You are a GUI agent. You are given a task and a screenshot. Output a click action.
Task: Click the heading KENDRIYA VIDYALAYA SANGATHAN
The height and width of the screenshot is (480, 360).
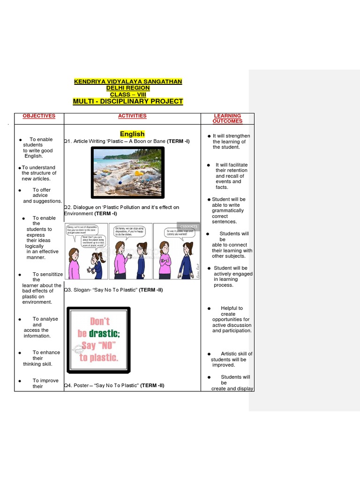point(128,82)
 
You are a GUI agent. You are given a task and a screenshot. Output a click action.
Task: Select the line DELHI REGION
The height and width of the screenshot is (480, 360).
point(128,88)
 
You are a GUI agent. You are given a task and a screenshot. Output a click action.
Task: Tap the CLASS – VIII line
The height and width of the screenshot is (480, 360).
point(128,94)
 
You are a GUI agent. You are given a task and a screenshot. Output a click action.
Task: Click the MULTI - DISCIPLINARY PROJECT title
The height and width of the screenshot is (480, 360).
point(128,101)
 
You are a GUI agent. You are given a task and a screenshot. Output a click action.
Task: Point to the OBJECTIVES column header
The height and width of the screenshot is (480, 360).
point(39,116)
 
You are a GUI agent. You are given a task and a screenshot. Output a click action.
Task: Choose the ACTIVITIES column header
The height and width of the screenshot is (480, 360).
point(132,116)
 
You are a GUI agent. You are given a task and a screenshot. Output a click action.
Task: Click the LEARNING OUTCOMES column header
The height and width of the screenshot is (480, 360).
point(227,118)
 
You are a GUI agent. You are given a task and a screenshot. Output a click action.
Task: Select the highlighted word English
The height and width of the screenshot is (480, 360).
point(132,134)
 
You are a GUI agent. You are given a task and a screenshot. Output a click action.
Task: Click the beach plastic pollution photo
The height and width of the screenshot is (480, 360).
point(127,172)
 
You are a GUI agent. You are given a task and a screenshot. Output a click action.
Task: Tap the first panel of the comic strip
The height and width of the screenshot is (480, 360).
point(86,251)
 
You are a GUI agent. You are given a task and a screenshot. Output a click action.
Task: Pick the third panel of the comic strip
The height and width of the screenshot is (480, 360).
point(176,251)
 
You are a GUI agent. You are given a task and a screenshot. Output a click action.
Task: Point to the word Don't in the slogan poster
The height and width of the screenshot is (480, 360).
point(99,322)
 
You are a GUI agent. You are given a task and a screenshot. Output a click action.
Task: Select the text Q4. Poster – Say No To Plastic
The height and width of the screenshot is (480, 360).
point(114,385)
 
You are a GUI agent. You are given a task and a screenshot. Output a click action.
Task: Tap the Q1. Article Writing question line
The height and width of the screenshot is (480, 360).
point(127,141)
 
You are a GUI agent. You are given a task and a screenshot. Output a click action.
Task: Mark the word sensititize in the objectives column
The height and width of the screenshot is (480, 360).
point(47,274)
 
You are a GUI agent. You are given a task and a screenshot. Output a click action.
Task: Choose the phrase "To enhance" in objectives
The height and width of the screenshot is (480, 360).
point(46,352)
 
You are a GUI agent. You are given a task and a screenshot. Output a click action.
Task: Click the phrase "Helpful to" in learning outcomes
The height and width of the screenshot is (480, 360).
point(232,308)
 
